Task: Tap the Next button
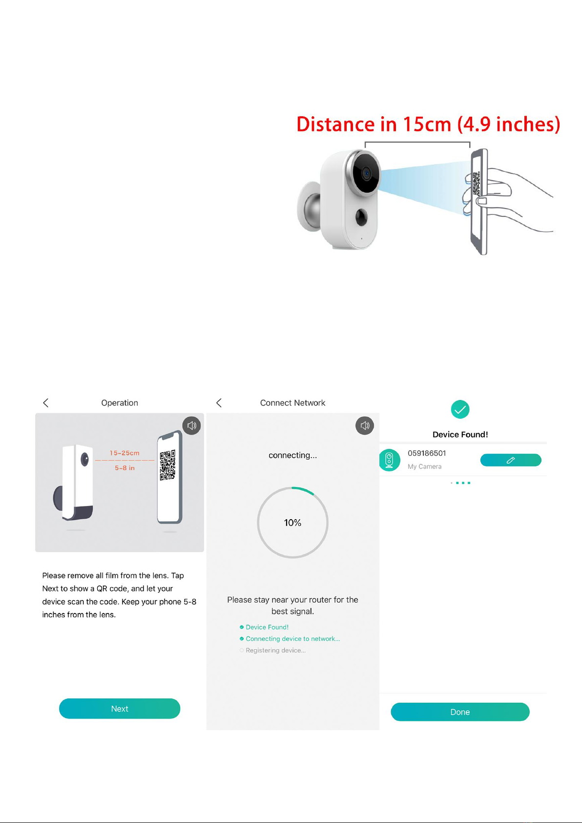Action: coord(119,708)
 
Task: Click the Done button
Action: coord(460,712)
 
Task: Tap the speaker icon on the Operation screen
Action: coord(192,425)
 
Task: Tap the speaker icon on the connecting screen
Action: coord(365,425)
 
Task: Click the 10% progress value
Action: coord(292,523)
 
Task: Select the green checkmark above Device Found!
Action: coord(460,409)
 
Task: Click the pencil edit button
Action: coord(511,460)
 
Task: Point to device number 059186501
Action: coord(427,453)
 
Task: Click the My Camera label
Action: coord(424,466)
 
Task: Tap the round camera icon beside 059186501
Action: coord(389,460)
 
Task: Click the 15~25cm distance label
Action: coord(125,453)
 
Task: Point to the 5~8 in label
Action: coord(125,468)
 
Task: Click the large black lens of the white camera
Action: coord(366,173)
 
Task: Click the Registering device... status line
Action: coord(275,650)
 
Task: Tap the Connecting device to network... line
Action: coord(292,638)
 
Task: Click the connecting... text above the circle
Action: coord(292,455)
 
